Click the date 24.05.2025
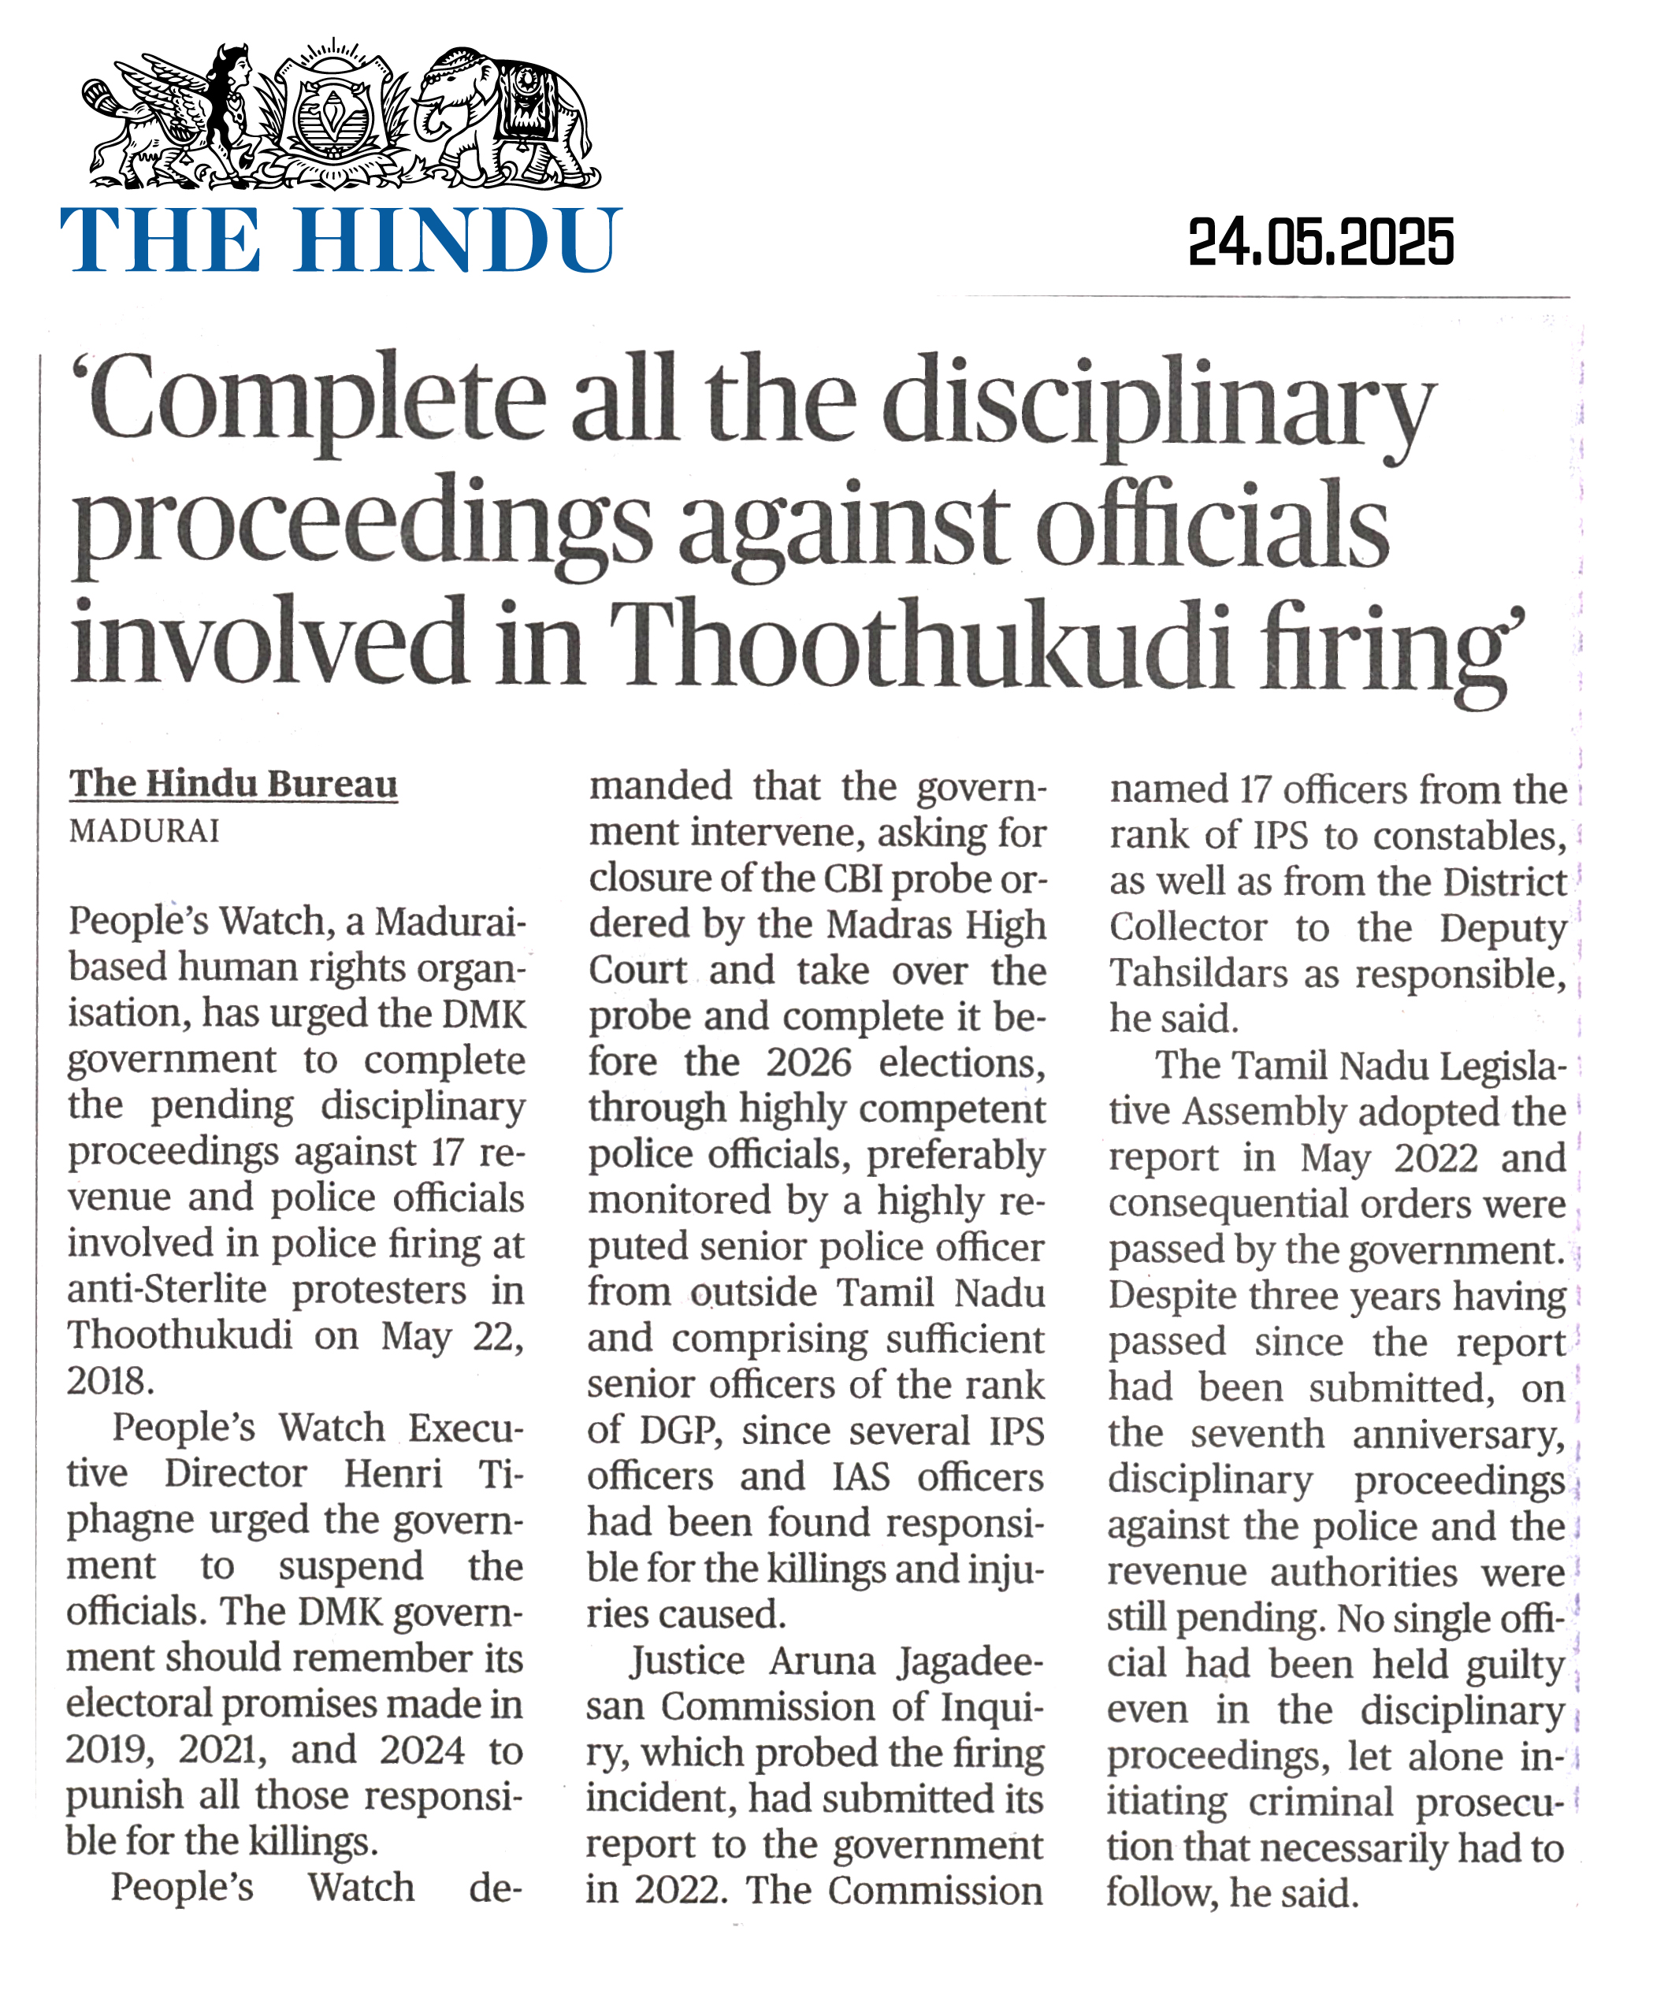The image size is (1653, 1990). point(1321,243)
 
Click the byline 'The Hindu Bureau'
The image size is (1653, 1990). point(233,784)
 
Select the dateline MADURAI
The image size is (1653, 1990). point(144,831)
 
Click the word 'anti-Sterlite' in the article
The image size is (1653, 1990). point(167,1290)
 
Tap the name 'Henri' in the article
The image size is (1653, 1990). point(392,1473)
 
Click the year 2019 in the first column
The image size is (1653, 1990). point(109,1749)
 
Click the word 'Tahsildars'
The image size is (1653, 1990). point(1200,973)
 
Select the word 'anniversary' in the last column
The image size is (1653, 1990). point(1458,1435)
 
